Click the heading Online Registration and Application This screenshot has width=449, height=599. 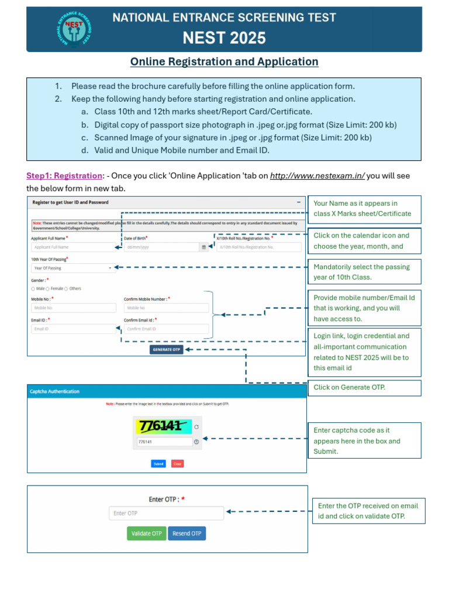(224, 62)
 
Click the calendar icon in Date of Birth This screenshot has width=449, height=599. (204, 247)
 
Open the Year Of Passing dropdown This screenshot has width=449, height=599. (73, 268)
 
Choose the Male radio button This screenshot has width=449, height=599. (33, 288)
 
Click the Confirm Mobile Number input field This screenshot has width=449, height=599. (166, 308)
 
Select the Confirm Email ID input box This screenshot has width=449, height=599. (166, 329)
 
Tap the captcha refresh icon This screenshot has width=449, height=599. (196, 427)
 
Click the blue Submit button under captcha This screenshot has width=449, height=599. (158, 464)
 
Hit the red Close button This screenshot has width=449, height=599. (177, 464)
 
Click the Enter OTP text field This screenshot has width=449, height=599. (166, 513)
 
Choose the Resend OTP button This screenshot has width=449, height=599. (187, 533)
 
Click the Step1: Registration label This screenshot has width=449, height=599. (64, 175)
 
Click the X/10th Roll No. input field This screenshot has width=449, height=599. (258, 247)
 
